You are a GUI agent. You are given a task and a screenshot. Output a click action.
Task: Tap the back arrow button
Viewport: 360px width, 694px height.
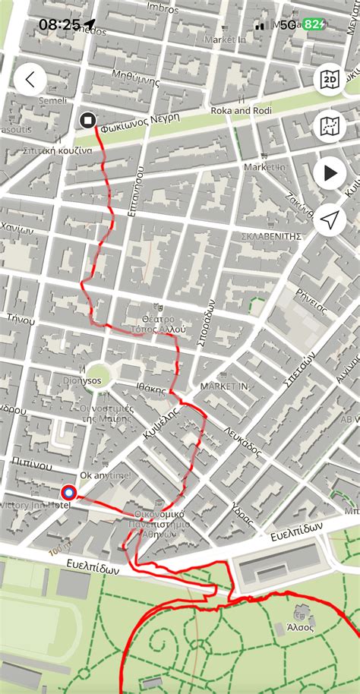click(x=30, y=80)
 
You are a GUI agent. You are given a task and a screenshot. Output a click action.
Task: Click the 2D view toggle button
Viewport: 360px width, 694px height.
click(x=330, y=80)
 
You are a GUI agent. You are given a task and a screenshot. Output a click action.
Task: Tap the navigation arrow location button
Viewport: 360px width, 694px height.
click(x=330, y=220)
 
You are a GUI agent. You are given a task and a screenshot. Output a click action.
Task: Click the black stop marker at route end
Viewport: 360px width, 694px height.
click(x=87, y=119)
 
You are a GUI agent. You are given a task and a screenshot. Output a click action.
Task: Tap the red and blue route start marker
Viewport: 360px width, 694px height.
click(x=68, y=493)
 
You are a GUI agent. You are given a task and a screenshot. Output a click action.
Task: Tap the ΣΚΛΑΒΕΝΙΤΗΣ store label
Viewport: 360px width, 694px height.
click(x=271, y=236)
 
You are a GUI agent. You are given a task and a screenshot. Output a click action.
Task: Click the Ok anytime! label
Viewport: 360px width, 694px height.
click(x=105, y=475)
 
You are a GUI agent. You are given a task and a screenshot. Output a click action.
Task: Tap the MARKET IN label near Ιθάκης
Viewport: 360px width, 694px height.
click(x=224, y=386)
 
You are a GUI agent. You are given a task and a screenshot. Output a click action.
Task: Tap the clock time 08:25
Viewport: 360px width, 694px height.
click(x=59, y=24)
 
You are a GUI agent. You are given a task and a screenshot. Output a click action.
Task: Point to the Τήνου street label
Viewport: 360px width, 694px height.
click(x=21, y=320)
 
